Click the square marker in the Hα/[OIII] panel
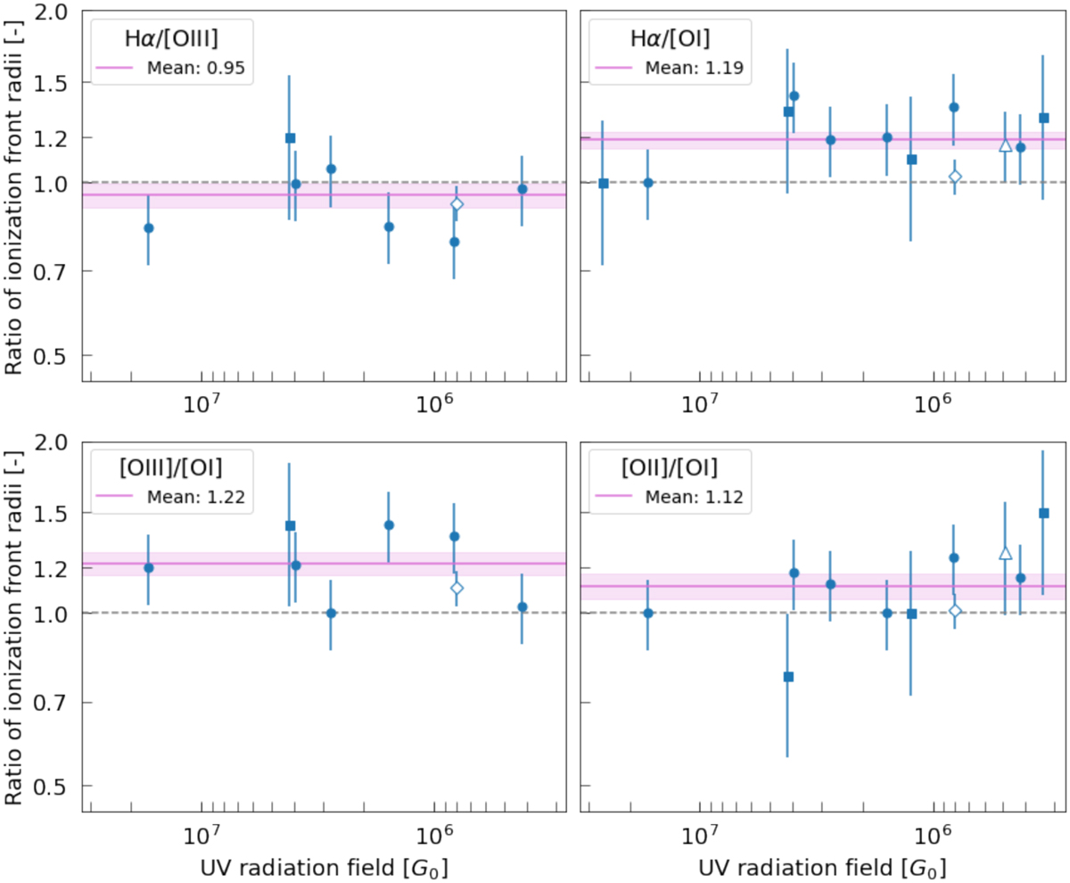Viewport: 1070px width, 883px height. (x=290, y=138)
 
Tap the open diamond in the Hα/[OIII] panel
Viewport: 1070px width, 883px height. (x=457, y=204)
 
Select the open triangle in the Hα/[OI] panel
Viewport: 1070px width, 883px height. (x=1006, y=145)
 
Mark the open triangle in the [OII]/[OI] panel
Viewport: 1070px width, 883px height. (x=1006, y=553)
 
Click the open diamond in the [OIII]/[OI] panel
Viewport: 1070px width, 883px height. (x=457, y=588)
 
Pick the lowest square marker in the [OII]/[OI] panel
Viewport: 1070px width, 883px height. (x=788, y=677)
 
